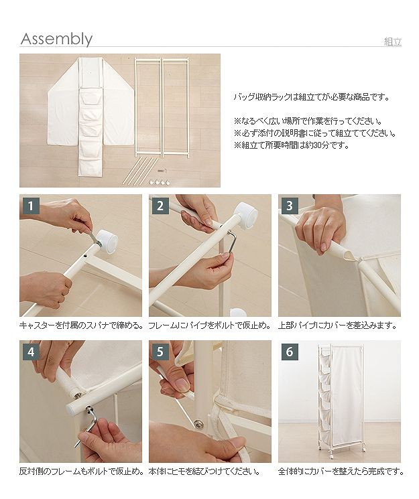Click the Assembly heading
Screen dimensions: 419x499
tap(56, 39)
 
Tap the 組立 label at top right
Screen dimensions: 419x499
tap(393, 42)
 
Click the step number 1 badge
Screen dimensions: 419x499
tap(31, 206)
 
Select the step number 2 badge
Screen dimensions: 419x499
tap(160, 206)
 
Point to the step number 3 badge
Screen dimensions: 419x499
tap(290, 206)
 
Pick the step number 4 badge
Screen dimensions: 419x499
tap(31, 352)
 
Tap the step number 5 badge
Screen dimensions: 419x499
tap(160, 352)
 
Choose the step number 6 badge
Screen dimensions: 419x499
tap(290, 352)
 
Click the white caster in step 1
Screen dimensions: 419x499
tap(107, 238)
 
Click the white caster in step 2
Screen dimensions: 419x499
tap(246, 215)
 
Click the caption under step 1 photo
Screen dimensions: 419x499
tap(80, 326)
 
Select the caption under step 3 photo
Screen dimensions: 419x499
tap(337, 326)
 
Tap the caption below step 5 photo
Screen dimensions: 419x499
tap(204, 471)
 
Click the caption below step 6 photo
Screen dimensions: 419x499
tap(341, 471)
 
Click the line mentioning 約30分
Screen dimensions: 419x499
tap(292, 145)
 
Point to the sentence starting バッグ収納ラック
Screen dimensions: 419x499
tap(312, 97)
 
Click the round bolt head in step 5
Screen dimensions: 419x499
tap(200, 423)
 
